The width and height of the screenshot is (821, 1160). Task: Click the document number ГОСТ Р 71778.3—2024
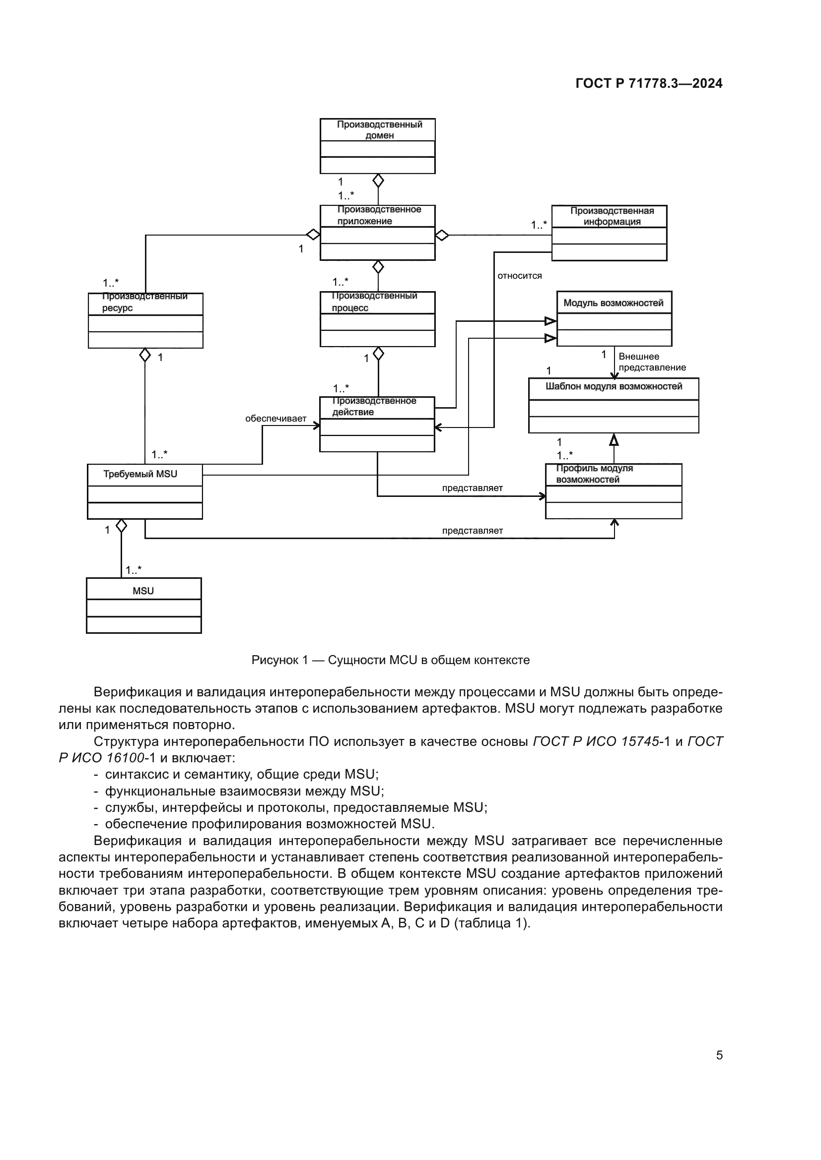pyautogui.click(x=649, y=84)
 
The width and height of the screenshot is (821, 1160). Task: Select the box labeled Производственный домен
pyautogui.click(x=377, y=146)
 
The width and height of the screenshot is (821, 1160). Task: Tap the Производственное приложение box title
pyautogui.click(x=378, y=216)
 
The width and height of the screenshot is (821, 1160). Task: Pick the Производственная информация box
pyautogui.click(x=609, y=233)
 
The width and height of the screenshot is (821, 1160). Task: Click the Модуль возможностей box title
pyautogui.click(x=613, y=303)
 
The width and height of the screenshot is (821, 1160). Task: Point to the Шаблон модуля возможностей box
pyautogui.click(x=613, y=405)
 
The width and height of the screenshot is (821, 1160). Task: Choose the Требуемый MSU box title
pyautogui.click(x=140, y=475)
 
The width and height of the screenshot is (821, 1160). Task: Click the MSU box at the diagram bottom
pyautogui.click(x=143, y=605)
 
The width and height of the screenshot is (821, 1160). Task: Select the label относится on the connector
pyautogui.click(x=519, y=276)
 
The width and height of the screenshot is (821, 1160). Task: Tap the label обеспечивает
pyautogui.click(x=275, y=419)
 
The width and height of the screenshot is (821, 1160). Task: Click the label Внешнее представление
pyautogui.click(x=652, y=362)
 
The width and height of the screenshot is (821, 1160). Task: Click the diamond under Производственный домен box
pyautogui.click(x=378, y=181)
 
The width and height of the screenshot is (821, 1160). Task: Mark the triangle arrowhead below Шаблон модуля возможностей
pyautogui.click(x=614, y=440)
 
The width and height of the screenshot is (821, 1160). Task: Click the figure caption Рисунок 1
pyautogui.click(x=390, y=660)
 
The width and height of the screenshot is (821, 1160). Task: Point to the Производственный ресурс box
pyautogui.click(x=145, y=320)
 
